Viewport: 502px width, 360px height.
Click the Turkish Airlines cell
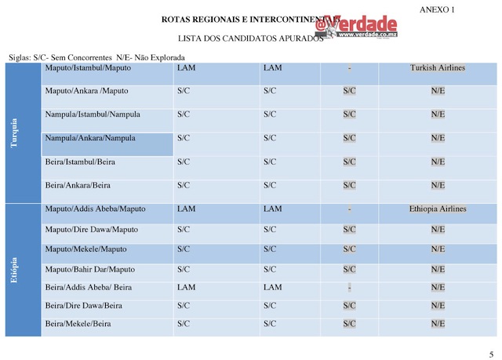click(437, 68)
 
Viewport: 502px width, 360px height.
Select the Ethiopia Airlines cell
click(437, 209)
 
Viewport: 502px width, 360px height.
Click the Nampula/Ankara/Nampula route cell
click(91, 139)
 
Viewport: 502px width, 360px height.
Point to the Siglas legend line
click(96, 57)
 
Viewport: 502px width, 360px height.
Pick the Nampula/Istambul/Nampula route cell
click(93, 115)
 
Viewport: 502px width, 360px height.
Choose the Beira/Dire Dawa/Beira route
click(84, 305)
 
